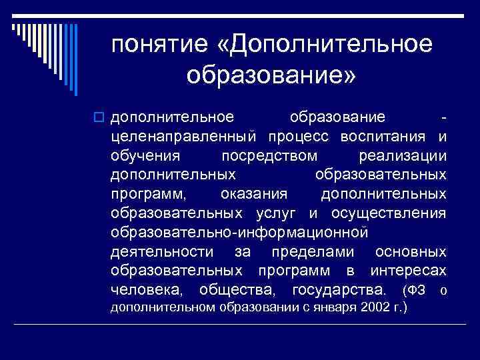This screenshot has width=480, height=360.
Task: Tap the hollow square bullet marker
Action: [x=101, y=118]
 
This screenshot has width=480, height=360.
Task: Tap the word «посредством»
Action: [x=269, y=156]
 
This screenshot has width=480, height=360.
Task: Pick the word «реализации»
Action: [x=402, y=156]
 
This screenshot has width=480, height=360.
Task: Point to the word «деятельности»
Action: [x=163, y=252]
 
